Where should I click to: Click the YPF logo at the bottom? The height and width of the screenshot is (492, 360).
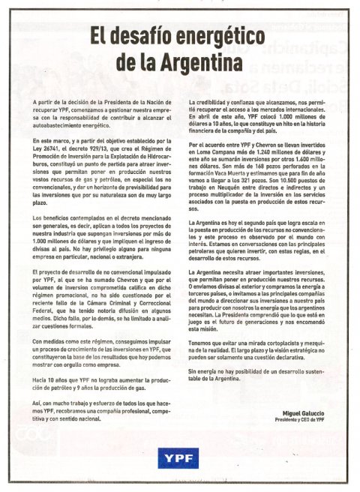point(179,454)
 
